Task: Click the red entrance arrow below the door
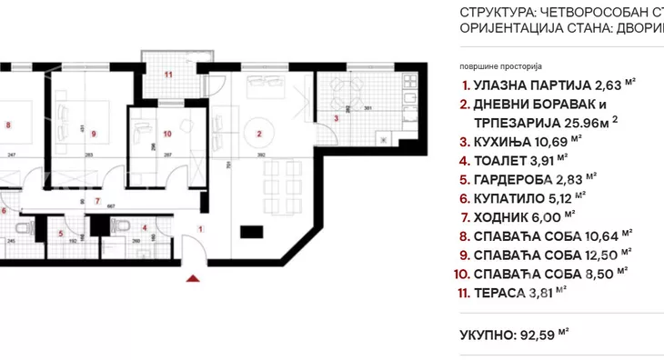point(192,278)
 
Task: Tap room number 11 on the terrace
point(168,75)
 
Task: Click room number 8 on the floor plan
point(7,126)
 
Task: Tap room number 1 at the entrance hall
point(200,229)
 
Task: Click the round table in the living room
point(260,128)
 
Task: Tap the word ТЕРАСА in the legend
point(501,293)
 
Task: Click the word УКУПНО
point(486,335)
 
